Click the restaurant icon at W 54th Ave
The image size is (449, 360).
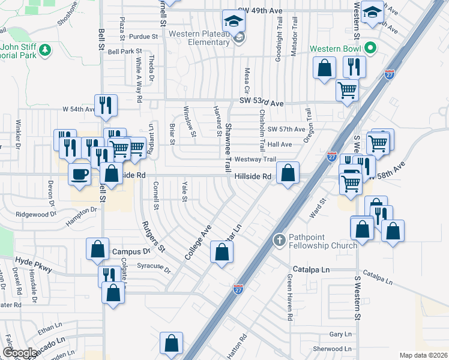(106, 106)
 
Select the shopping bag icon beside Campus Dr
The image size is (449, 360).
(97, 248)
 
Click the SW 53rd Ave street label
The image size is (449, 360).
(261, 104)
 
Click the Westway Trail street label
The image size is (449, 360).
(255, 159)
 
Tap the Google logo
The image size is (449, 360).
(20, 353)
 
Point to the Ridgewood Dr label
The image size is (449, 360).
(35, 214)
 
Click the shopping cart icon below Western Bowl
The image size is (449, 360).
(348, 91)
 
